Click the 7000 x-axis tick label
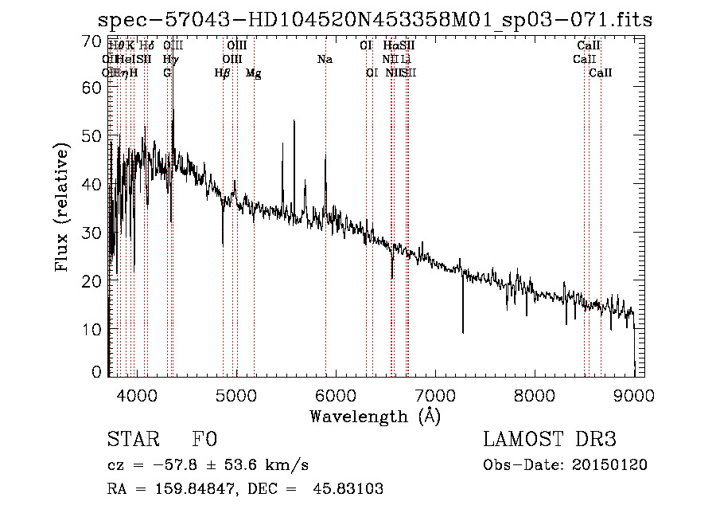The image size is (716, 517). click(434, 394)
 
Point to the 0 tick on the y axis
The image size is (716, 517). click(97, 372)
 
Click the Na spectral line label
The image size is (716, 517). click(325, 59)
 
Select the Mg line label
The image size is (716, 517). click(253, 73)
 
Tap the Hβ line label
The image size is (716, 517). click(223, 73)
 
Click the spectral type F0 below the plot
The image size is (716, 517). click(204, 441)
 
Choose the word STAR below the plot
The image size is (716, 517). click(130, 441)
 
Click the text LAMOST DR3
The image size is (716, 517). click(550, 441)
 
